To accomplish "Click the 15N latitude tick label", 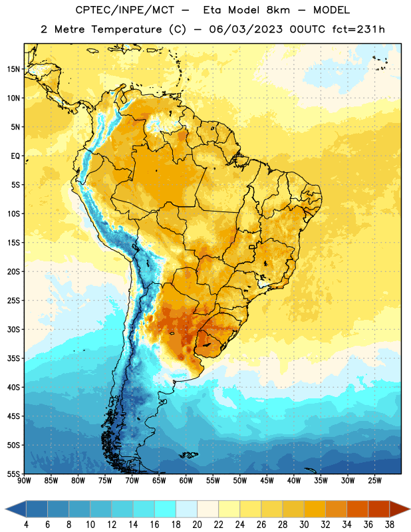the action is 13,69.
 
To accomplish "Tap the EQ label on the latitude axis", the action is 15,156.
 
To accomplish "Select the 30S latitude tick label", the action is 13,330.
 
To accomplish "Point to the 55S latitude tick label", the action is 13,474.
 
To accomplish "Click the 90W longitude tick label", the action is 24,481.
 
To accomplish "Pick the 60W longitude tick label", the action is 186,481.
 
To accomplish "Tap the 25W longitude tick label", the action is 374,481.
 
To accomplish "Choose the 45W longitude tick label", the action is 267,481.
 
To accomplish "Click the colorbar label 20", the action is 197,525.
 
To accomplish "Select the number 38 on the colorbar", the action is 390,525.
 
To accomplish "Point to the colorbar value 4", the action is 26,525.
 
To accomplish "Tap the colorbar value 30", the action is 304,525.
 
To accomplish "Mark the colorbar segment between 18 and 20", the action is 187,509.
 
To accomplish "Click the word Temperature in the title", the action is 126,29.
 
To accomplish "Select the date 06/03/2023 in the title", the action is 245,29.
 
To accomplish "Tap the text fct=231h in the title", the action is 358,29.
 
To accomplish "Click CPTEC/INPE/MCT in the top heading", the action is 125,10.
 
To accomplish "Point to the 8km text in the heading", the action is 278,10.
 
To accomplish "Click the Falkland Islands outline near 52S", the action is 188,455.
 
